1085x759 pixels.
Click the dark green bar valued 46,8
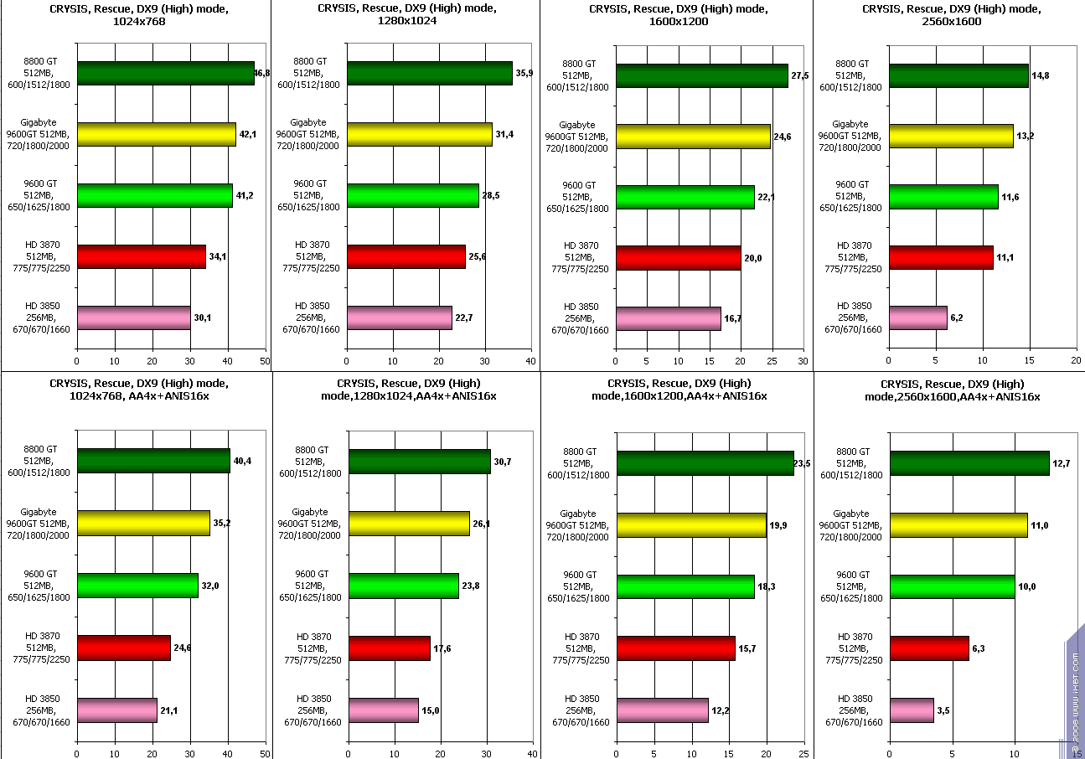pyautogui.click(x=165, y=74)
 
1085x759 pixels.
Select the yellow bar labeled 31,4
pyautogui.click(x=419, y=134)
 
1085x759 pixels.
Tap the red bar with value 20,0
pyautogui.click(x=678, y=258)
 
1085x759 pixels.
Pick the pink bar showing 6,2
pyautogui.click(x=918, y=318)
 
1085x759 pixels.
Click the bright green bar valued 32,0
pyautogui.click(x=137, y=585)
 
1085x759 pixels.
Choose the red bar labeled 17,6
pyautogui.click(x=390, y=648)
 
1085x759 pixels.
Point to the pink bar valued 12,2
pyautogui.click(x=662, y=710)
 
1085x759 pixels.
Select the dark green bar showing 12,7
pyautogui.click(x=969, y=463)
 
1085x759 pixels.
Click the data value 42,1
pyautogui.click(x=249, y=135)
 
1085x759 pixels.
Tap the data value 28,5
pyautogui.click(x=492, y=195)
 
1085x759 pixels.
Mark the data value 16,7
pyautogui.click(x=734, y=319)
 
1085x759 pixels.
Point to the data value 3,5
pyautogui.click(x=948, y=710)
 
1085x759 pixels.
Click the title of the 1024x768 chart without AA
pyautogui.click(x=134, y=15)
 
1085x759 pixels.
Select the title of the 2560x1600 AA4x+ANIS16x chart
pyautogui.click(x=952, y=390)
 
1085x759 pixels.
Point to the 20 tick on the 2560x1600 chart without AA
pyautogui.click(x=1076, y=361)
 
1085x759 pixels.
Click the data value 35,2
pyautogui.click(x=223, y=524)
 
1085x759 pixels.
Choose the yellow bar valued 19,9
pyautogui.click(x=692, y=525)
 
